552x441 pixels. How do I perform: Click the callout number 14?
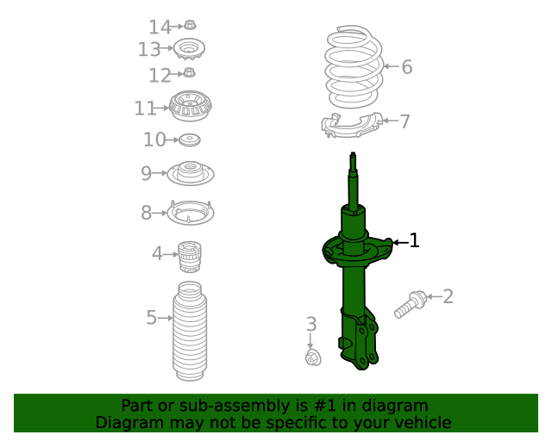point(160,27)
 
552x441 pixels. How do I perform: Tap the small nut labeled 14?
point(190,25)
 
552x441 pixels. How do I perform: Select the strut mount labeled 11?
point(190,106)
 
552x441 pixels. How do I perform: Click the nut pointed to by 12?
point(189,73)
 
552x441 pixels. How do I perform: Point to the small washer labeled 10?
point(190,140)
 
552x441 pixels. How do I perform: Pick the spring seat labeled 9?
point(191,173)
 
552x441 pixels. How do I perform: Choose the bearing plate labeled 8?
point(191,213)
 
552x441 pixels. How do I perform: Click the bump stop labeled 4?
point(190,257)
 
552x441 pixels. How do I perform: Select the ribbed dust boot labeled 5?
point(190,331)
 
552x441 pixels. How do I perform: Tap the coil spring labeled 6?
point(354,67)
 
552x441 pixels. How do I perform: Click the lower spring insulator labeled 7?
point(352,126)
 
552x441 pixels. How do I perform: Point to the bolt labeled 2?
point(411,304)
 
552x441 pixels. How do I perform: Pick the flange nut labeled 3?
point(313,357)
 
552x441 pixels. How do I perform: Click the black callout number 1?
point(414,240)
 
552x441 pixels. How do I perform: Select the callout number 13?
point(149,49)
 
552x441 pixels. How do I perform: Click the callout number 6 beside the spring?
point(407,67)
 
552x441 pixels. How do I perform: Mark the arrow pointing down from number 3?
point(310,341)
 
